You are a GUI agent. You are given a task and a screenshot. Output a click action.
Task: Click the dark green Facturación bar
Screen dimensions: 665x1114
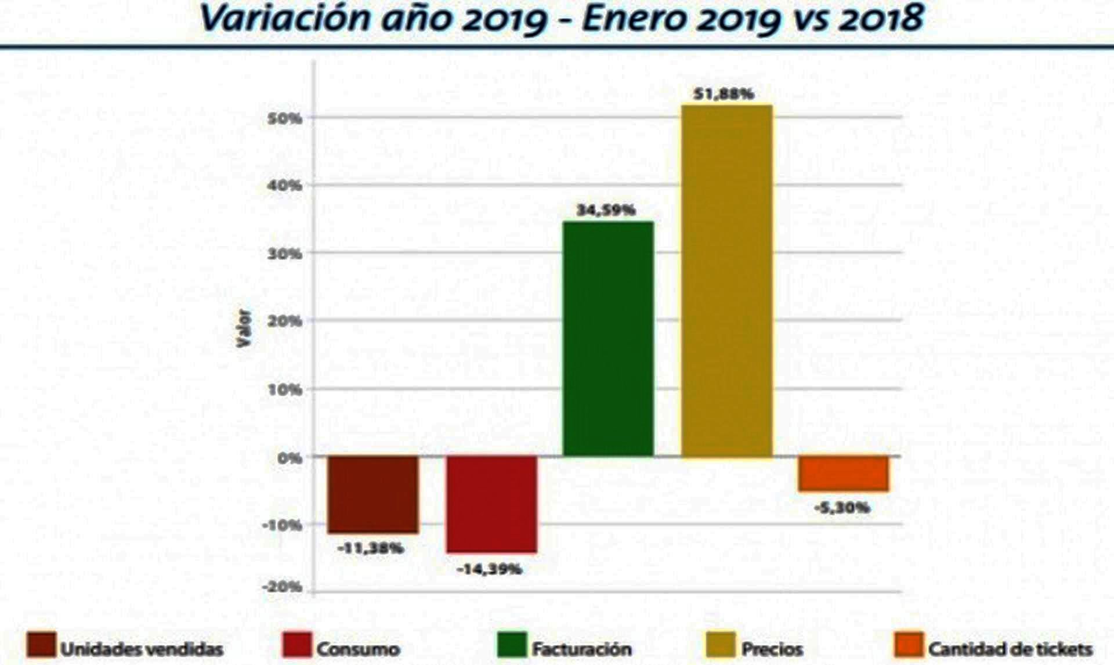click(608, 339)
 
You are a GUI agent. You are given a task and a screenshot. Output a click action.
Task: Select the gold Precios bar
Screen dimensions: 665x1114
click(726, 281)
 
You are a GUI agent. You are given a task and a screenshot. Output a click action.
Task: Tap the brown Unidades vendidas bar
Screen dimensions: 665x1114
click(372, 494)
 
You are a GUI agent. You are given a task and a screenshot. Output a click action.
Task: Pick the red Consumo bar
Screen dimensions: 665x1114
click(491, 504)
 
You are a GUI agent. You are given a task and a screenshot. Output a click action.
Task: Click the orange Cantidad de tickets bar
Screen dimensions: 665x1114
click(843, 474)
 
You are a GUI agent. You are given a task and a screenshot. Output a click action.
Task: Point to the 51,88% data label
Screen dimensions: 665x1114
click(724, 94)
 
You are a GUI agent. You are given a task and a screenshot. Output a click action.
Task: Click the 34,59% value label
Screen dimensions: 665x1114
click(606, 210)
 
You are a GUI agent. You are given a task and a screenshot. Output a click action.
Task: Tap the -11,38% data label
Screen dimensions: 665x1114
click(370, 548)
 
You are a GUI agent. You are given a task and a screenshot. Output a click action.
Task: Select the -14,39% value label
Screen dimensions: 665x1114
click(489, 569)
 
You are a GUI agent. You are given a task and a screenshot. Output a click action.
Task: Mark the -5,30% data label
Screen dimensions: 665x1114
click(842, 508)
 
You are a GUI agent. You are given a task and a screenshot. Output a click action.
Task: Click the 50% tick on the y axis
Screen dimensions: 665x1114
click(285, 118)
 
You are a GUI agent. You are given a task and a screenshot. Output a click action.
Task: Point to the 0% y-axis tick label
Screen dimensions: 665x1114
click(290, 458)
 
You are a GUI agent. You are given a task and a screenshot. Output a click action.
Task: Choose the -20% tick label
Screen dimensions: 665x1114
click(282, 587)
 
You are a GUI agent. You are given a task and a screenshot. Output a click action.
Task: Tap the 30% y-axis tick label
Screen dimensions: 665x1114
click(285, 254)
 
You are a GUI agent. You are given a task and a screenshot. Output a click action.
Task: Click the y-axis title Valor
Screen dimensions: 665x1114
click(244, 328)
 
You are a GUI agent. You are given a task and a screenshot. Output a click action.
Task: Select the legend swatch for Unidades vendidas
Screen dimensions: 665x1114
click(41, 645)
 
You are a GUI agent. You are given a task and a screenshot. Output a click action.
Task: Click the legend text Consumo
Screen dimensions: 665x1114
click(358, 649)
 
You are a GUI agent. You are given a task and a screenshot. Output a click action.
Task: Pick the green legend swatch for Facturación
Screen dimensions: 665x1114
click(512, 645)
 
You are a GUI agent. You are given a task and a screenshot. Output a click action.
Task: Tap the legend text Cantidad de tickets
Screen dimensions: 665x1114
click(1010, 649)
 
